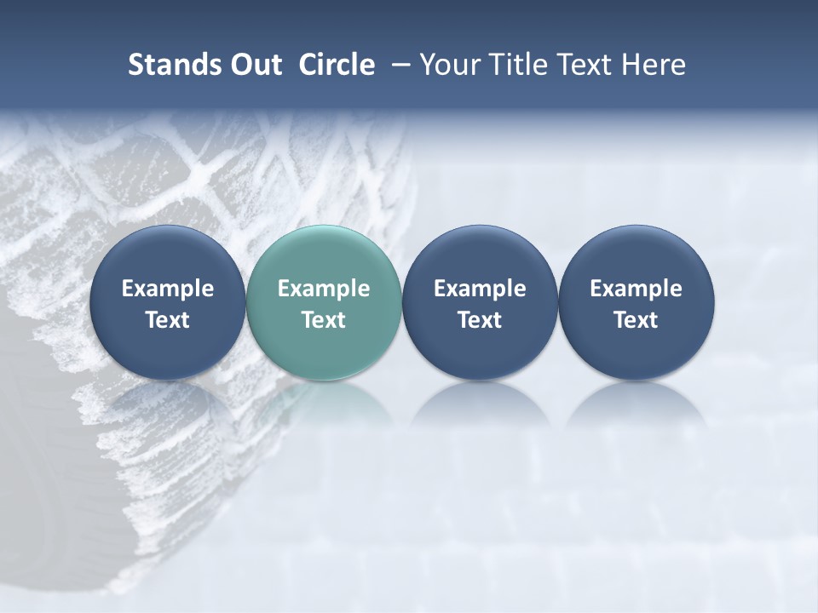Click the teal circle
324,303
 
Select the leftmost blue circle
167,303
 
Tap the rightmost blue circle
636,303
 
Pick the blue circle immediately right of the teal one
480,303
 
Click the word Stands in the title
166,65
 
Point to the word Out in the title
256,65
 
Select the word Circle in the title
337,65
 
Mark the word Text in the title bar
583,65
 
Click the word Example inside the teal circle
324,289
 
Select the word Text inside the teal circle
324,320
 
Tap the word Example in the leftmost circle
167,289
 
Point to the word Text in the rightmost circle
636,320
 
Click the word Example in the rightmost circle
636,289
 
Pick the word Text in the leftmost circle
167,320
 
